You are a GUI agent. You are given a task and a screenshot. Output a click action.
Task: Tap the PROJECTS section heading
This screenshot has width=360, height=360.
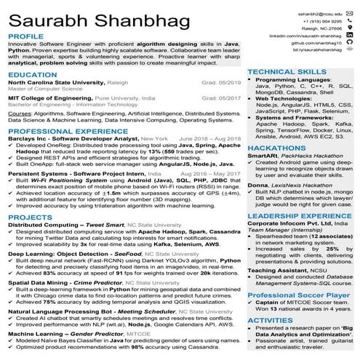(30, 217)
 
